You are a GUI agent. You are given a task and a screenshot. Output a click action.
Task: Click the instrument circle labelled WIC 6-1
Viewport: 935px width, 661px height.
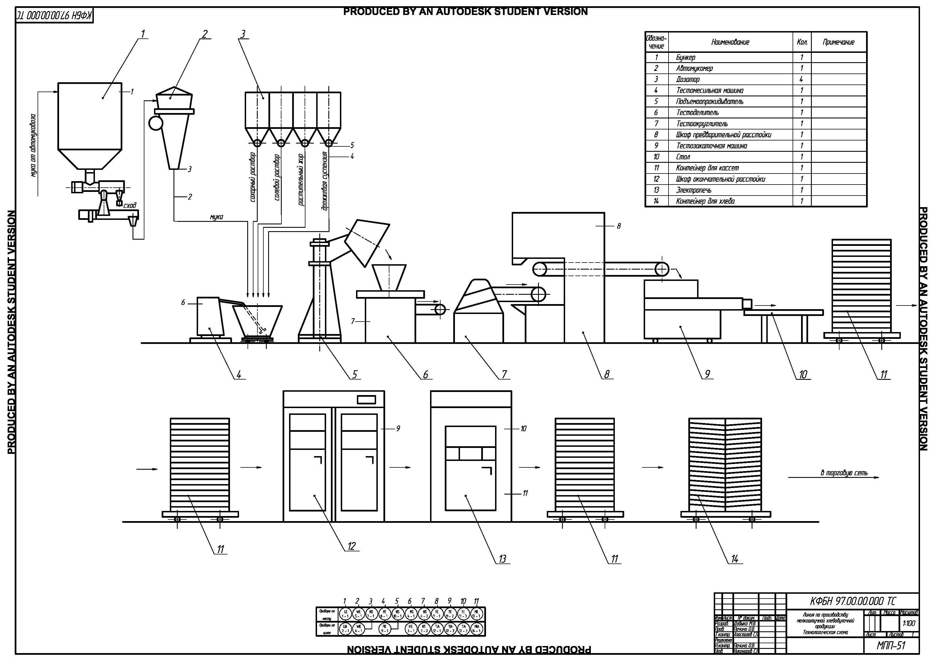(358, 629)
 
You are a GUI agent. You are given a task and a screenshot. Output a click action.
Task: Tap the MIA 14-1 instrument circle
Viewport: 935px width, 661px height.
(476, 629)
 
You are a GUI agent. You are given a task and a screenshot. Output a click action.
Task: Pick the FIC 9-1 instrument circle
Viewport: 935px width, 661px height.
(384, 629)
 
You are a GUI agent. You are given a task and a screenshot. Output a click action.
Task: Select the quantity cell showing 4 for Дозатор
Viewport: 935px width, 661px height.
(801, 79)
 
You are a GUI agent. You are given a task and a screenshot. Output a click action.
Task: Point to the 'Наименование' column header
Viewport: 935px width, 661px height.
(730, 42)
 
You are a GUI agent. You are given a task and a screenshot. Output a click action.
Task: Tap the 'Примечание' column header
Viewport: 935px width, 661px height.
(838, 42)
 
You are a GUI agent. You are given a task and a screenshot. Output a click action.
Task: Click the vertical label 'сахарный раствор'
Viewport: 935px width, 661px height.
(253, 177)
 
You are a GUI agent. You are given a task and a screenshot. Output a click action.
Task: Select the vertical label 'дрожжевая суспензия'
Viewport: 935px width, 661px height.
(325, 181)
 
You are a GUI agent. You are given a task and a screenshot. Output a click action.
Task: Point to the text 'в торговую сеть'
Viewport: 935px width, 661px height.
(844, 473)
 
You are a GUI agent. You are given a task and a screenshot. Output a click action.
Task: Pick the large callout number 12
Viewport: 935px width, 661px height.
(352, 547)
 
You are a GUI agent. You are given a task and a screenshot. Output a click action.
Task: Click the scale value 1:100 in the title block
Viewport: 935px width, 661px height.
(908, 623)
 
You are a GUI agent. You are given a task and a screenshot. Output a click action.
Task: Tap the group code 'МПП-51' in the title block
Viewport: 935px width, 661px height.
(891, 645)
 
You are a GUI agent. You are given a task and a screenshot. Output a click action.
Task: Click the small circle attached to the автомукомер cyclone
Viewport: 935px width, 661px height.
(156, 123)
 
